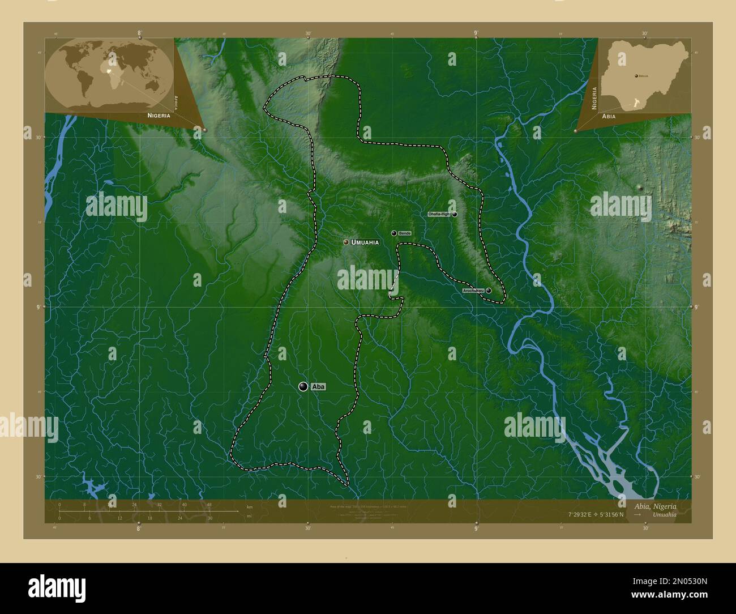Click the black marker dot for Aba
point(304,386)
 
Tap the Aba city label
point(319,387)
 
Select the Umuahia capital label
point(365,242)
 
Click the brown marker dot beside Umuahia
point(346,242)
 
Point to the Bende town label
point(404,233)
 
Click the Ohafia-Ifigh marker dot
point(455,215)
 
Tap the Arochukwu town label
point(473,291)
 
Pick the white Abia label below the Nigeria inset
point(609,116)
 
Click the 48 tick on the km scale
point(209,505)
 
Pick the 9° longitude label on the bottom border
point(476,528)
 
